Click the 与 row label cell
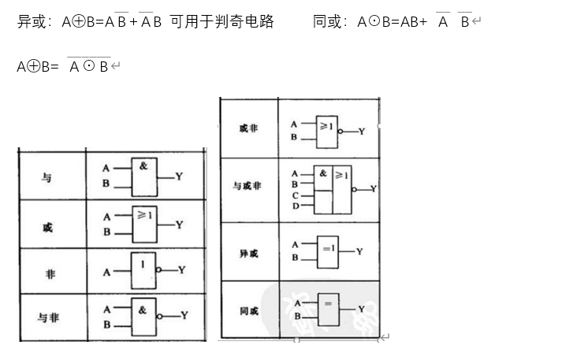click(x=47, y=178)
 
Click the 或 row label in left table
click(x=47, y=228)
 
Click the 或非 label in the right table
click(x=248, y=128)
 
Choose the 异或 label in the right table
click(x=248, y=254)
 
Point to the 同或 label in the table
click(x=248, y=311)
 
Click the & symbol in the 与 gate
click(x=143, y=166)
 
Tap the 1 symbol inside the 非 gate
click(x=143, y=264)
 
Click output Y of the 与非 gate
click(x=184, y=315)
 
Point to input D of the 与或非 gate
click(x=296, y=206)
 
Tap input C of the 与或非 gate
click(x=296, y=195)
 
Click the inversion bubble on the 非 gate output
click(x=158, y=270)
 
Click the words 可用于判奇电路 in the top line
click(x=221, y=21)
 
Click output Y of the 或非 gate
click(x=362, y=132)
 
